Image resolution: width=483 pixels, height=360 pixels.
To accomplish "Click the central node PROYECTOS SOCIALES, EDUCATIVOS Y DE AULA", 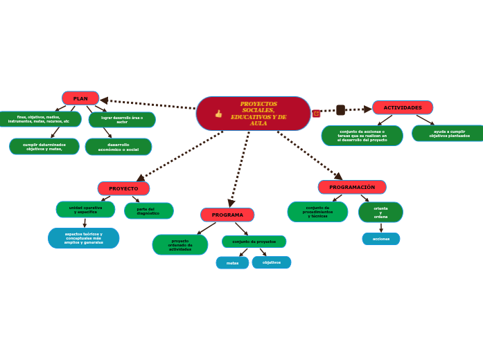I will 258,114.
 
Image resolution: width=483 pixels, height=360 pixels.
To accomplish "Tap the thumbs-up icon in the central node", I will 218,114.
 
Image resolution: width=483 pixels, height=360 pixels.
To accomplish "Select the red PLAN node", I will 80,98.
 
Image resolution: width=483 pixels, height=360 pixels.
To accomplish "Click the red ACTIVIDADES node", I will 403,107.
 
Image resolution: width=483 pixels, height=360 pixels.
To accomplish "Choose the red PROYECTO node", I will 123,188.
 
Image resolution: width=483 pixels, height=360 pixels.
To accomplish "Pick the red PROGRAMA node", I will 227,215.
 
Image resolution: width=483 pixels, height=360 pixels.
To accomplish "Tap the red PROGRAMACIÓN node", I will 352,187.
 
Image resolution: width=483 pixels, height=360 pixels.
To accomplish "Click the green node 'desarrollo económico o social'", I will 118,147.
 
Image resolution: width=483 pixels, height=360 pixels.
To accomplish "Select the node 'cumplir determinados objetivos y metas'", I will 44,146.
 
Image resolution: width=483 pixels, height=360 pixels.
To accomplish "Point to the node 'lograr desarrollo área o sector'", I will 122,120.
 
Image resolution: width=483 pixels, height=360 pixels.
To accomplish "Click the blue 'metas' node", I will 232,263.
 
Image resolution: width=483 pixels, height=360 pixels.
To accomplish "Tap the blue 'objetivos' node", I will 272,262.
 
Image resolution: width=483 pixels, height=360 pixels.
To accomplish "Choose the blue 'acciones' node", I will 381,239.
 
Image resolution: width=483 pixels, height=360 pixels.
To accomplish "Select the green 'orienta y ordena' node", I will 380,212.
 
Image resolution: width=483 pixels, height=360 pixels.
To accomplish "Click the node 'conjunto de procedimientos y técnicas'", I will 317,212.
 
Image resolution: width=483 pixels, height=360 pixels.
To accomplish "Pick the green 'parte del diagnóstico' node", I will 148,210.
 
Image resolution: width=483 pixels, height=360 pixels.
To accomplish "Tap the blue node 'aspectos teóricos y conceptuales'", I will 83,238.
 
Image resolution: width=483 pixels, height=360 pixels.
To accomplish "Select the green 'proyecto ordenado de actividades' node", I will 180,244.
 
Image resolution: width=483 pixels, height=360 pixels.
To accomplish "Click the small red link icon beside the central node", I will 317,114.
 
